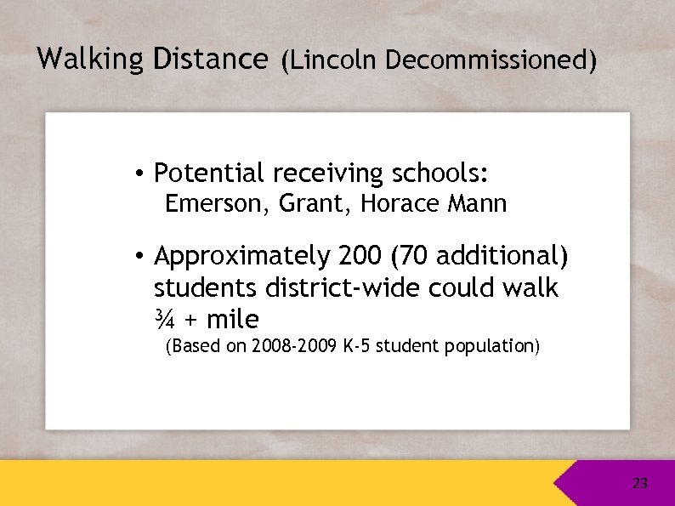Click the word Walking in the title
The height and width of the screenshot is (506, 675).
tap(91, 59)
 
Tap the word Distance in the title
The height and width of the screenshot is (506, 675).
tap(210, 59)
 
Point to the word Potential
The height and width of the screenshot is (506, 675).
tap(209, 173)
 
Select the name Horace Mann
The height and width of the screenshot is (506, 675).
tap(434, 205)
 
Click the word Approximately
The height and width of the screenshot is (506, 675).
tap(241, 256)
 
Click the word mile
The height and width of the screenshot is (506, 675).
tap(232, 321)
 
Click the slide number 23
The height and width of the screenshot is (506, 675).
tap(640, 484)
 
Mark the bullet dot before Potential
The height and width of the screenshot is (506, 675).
tap(137, 174)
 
